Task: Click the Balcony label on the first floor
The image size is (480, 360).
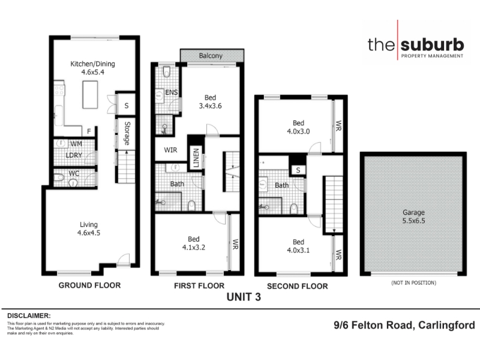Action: click(211, 56)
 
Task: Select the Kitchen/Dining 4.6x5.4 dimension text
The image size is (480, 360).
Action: click(93, 72)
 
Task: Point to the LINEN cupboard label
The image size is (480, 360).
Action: click(196, 158)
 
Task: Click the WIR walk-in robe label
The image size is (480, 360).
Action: click(170, 150)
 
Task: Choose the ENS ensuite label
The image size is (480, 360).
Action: click(172, 92)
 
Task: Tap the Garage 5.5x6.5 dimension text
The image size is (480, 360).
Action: click(413, 221)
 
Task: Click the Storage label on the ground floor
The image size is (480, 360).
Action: click(127, 133)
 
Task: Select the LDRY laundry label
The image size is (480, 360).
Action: click(74, 155)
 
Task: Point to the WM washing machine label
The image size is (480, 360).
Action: click(76, 143)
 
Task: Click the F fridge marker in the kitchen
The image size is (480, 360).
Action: click(89, 131)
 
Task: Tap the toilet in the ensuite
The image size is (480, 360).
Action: click(167, 72)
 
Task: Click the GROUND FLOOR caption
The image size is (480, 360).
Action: click(89, 286)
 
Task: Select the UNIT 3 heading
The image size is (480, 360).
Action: click(244, 297)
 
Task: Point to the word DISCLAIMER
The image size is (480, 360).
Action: click(29, 316)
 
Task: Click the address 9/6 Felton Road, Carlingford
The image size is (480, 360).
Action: click(404, 325)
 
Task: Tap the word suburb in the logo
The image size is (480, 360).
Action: click(432, 44)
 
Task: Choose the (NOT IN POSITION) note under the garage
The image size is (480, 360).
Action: click(413, 283)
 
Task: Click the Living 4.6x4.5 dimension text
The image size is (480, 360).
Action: click(89, 233)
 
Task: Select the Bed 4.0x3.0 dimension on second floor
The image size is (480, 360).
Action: click(298, 131)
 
